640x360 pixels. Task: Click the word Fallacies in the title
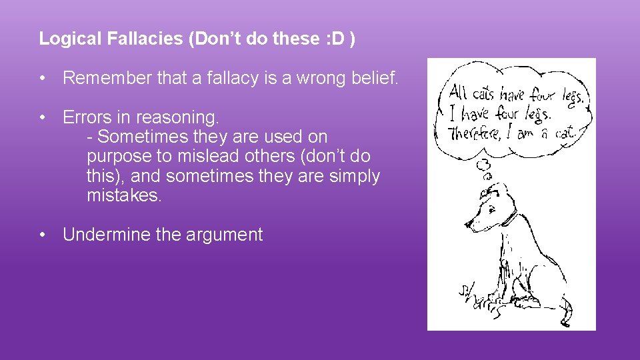coord(143,39)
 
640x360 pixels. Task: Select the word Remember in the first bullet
coord(107,79)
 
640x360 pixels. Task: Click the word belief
coord(375,79)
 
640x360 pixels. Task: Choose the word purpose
coord(118,157)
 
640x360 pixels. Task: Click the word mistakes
coord(124,196)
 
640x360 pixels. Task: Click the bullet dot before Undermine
coord(43,235)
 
